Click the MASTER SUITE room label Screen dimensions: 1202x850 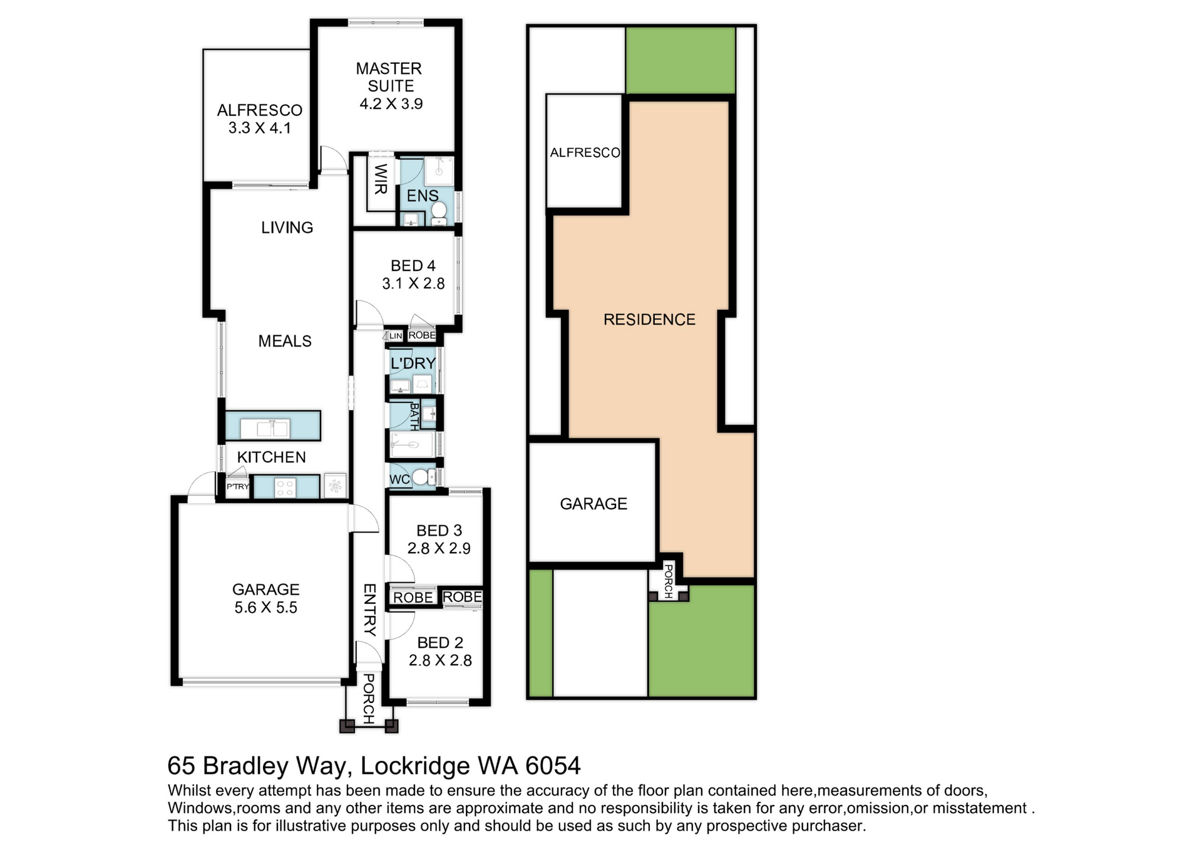(x=389, y=77)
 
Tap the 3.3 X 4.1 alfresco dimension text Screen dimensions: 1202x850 (x=259, y=128)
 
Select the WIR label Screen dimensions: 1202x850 (x=381, y=179)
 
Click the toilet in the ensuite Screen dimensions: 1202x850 (x=439, y=212)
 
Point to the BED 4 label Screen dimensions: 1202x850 (x=413, y=266)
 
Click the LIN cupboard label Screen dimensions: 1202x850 (x=396, y=336)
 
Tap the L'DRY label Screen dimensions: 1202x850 (x=413, y=363)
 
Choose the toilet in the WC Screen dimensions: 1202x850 (x=424, y=478)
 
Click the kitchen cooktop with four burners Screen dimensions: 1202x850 (x=285, y=488)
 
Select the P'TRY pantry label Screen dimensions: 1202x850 (x=238, y=486)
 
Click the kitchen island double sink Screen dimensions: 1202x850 (x=273, y=429)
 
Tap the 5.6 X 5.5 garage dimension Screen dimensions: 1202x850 (x=266, y=608)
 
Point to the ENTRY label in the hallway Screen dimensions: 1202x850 (x=369, y=610)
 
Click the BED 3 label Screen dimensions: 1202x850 (x=439, y=531)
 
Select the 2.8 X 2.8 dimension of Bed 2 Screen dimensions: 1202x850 (x=440, y=660)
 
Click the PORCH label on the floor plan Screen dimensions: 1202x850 (x=369, y=699)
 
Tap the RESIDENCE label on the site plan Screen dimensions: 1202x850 (x=649, y=320)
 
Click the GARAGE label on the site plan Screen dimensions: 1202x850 (x=593, y=504)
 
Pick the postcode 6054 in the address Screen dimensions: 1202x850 (x=553, y=766)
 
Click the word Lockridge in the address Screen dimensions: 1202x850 (x=416, y=766)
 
